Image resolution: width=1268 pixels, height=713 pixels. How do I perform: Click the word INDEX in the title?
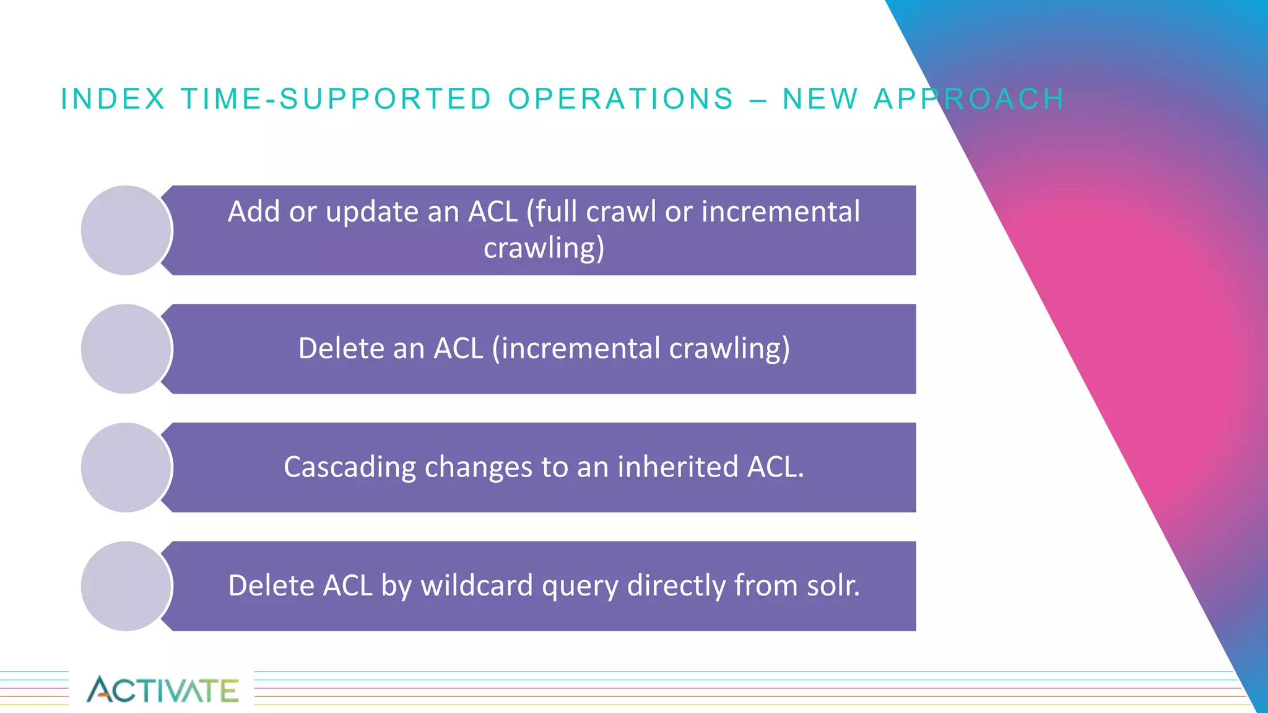[113, 99]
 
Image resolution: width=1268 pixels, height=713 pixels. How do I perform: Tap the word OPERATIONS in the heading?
[621, 99]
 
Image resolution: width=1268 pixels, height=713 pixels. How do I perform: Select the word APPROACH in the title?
[969, 99]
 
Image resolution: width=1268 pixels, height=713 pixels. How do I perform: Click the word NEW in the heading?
[820, 99]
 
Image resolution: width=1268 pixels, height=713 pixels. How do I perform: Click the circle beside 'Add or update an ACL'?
[126, 230]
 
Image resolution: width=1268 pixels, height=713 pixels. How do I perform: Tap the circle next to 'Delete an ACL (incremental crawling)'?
[126, 349]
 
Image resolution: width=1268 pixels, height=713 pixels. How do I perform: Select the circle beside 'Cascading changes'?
[126, 468]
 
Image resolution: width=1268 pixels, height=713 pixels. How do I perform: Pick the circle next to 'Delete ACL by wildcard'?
[126, 586]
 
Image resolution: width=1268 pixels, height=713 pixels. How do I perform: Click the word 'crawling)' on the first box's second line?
[544, 249]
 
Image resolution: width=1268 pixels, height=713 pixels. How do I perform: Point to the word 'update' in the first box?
[372, 212]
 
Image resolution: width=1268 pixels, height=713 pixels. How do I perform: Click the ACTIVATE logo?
[162, 689]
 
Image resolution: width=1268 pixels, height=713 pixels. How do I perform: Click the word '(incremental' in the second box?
[576, 348]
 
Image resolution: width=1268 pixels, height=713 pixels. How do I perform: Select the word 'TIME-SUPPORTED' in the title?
[336, 99]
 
